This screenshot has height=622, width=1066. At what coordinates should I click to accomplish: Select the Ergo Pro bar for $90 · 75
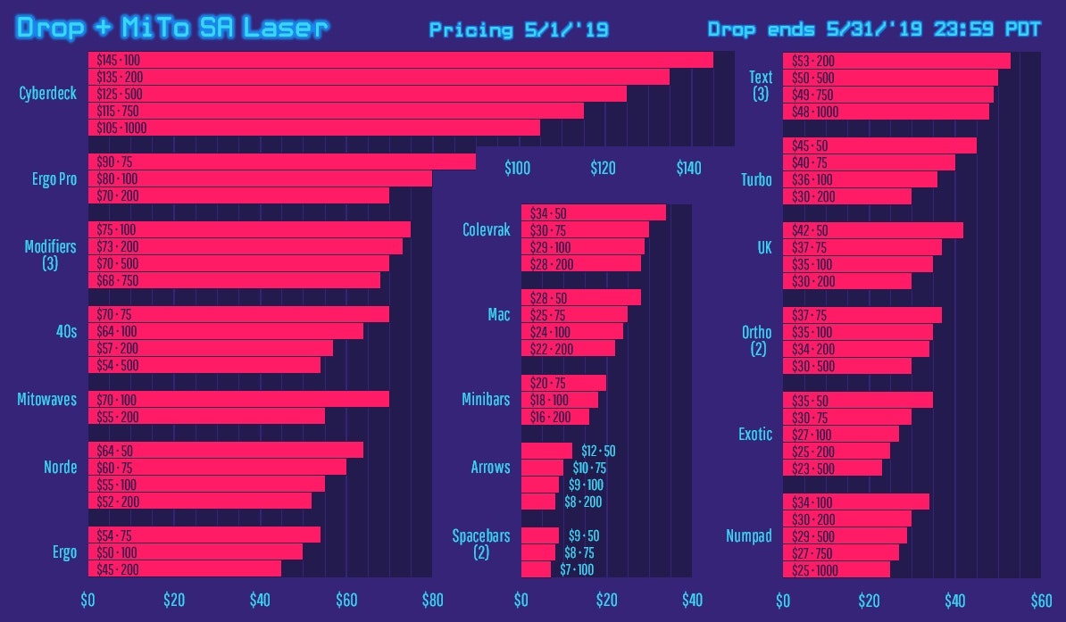(x=281, y=162)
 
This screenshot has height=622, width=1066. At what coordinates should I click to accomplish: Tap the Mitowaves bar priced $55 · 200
(x=206, y=417)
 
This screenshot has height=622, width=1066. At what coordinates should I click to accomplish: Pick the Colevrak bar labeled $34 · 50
(x=593, y=213)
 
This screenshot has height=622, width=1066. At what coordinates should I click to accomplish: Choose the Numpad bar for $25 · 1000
(x=836, y=569)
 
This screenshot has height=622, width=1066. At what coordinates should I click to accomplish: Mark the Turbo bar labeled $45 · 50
(x=879, y=145)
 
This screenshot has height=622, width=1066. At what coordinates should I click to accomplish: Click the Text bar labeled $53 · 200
(x=896, y=61)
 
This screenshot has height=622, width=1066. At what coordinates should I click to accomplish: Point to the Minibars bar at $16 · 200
(x=554, y=417)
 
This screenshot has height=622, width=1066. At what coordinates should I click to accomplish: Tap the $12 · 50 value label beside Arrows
(x=598, y=451)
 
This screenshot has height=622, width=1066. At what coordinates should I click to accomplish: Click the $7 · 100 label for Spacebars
(x=577, y=569)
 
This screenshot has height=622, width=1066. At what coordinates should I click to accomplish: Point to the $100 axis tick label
(x=517, y=169)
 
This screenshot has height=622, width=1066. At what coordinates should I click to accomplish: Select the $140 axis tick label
(x=688, y=169)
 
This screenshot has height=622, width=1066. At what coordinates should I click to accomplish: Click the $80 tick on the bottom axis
(x=431, y=600)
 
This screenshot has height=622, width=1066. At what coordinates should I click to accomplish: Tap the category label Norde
(x=60, y=468)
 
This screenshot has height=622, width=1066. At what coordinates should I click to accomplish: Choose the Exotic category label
(x=754, y=435)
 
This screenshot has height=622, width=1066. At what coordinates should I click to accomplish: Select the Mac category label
(x=498, y=315)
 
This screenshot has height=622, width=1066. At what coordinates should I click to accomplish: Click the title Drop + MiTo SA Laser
(x=172, y=29)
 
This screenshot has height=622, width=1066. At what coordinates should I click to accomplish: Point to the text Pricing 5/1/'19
(x=519, y=30)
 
